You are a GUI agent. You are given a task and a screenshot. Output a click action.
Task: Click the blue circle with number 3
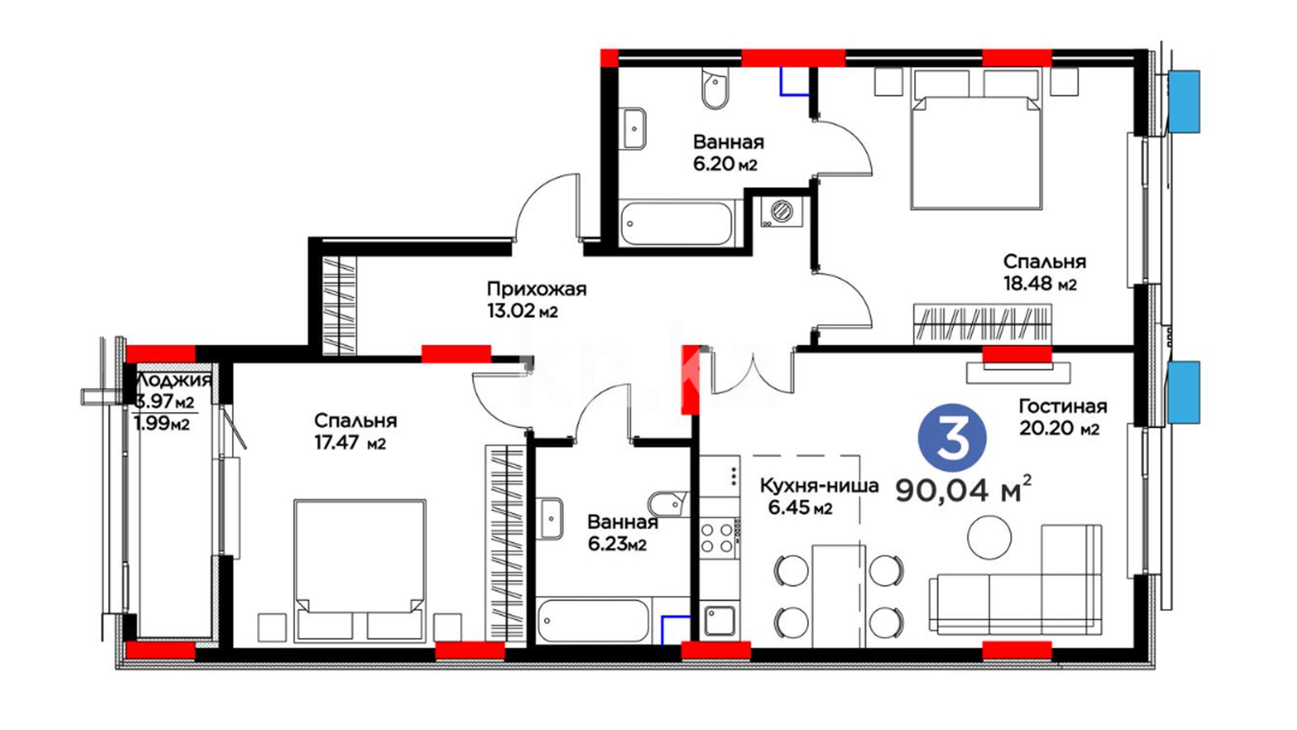(x=952, y=439)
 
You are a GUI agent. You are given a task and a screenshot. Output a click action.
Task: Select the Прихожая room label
(x=536, y=289)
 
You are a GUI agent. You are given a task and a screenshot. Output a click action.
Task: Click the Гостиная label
(x=1063, y=406)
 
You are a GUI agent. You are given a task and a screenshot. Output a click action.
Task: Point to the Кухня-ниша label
(x=819, y=485)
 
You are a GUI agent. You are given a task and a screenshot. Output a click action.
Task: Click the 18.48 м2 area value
(x=1040, y=283)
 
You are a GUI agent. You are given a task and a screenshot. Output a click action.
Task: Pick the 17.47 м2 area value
(x=350, y=443)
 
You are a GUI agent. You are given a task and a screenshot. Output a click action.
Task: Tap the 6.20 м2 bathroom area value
(x=725, y=164)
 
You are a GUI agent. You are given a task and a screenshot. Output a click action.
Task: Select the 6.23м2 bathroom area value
(x=617, y=544)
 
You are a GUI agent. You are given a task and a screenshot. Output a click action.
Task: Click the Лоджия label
(x=174, y=381)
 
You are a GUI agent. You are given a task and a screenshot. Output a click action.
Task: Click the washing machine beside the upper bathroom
(x=782, y=211)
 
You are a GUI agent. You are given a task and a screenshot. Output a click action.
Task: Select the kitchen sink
(x=720, y=620)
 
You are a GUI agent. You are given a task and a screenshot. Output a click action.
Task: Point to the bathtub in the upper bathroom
(x=676, y=223)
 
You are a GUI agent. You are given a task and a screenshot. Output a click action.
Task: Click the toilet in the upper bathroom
(x=715, y=89)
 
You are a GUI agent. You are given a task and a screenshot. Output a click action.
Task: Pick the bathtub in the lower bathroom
(x=593, y=620)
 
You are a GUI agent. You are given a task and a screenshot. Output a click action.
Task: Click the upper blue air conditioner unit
(x=1184, y=101)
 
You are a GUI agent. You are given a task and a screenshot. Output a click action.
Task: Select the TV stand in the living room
(x=1017, y=372)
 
